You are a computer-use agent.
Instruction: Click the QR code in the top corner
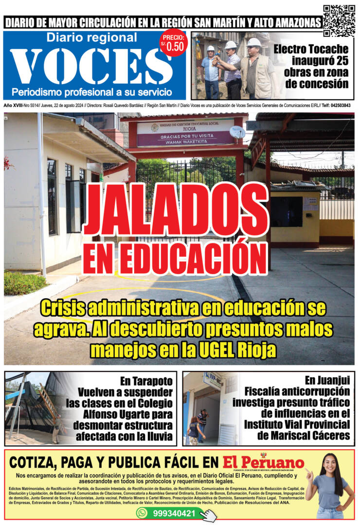[x=339, y=20]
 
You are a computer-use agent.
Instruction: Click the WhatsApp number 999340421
[x=175, y=513]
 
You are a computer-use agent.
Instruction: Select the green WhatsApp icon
[x=142, y=513]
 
